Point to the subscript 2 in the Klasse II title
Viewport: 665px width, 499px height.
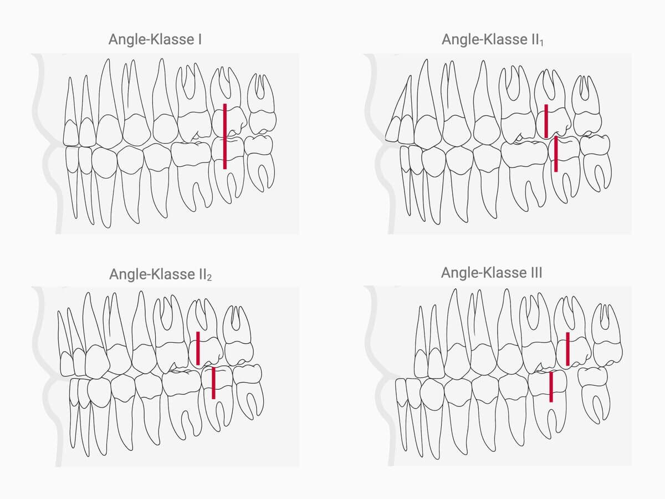[x=209, y=278]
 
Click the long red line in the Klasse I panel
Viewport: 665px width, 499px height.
[x=224, y=136]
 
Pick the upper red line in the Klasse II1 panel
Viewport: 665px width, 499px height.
[x=546, y=120]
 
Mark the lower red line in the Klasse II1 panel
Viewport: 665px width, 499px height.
[x=556, y=154]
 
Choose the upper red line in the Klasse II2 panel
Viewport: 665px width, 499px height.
[x=198, y=348]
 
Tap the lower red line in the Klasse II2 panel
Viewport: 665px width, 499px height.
[x=213, y=383]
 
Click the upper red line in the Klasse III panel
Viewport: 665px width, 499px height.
[x=567, y=349]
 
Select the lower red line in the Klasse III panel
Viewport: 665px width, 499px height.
[x=551, y=386]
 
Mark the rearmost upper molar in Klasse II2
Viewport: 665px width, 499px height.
[x=238, y=338]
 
